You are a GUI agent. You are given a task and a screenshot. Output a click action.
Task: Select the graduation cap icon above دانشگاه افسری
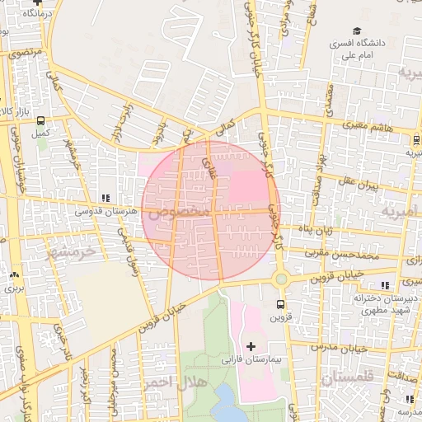356,30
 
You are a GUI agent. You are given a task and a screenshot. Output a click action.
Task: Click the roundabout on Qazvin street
281,279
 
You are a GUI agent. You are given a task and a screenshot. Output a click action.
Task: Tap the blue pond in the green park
224,405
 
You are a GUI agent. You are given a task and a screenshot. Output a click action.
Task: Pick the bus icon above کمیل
40,120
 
